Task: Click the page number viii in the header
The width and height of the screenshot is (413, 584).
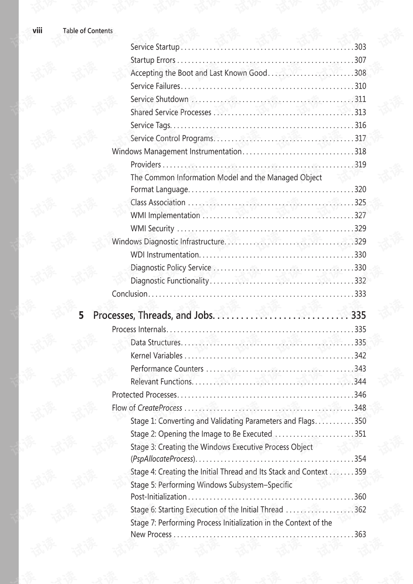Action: [x=37, y=31]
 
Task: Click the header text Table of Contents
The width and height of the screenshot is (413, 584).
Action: [x=88, y=31]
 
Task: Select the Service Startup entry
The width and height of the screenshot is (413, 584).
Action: [x=155, y=47]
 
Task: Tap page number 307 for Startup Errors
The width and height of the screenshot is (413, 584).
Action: [x=360, y=60]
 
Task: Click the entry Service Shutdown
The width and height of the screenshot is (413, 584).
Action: [x=160, y=99]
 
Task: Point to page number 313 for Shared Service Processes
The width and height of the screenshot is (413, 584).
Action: [x=360, y=112]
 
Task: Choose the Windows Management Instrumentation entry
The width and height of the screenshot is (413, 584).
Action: [x=176, y=151]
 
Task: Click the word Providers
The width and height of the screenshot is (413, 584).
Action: [x=146, y=164]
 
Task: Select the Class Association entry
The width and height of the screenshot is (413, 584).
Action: [x=158, y=202]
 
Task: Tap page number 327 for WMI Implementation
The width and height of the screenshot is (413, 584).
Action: [x=360, y=216]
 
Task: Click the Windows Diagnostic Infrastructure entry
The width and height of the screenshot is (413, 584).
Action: [x=168, y=241]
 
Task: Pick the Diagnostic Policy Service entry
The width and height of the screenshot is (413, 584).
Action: [x=171, y=268]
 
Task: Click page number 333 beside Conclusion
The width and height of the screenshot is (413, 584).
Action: [x=360, y=294]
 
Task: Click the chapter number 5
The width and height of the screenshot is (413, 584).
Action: [x=81, y=315]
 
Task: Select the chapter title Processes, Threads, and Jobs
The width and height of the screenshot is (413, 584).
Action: [x=153, y=315]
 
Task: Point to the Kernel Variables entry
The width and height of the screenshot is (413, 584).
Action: [x=157, y=355]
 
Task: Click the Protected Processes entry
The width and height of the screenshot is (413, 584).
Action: [x=144, y=395]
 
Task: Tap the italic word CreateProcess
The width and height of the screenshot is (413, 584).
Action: [x=160, y=408]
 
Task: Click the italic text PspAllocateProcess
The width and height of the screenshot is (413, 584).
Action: [x=163, y=459]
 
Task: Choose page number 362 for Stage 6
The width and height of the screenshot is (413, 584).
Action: [x=360, y=510]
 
